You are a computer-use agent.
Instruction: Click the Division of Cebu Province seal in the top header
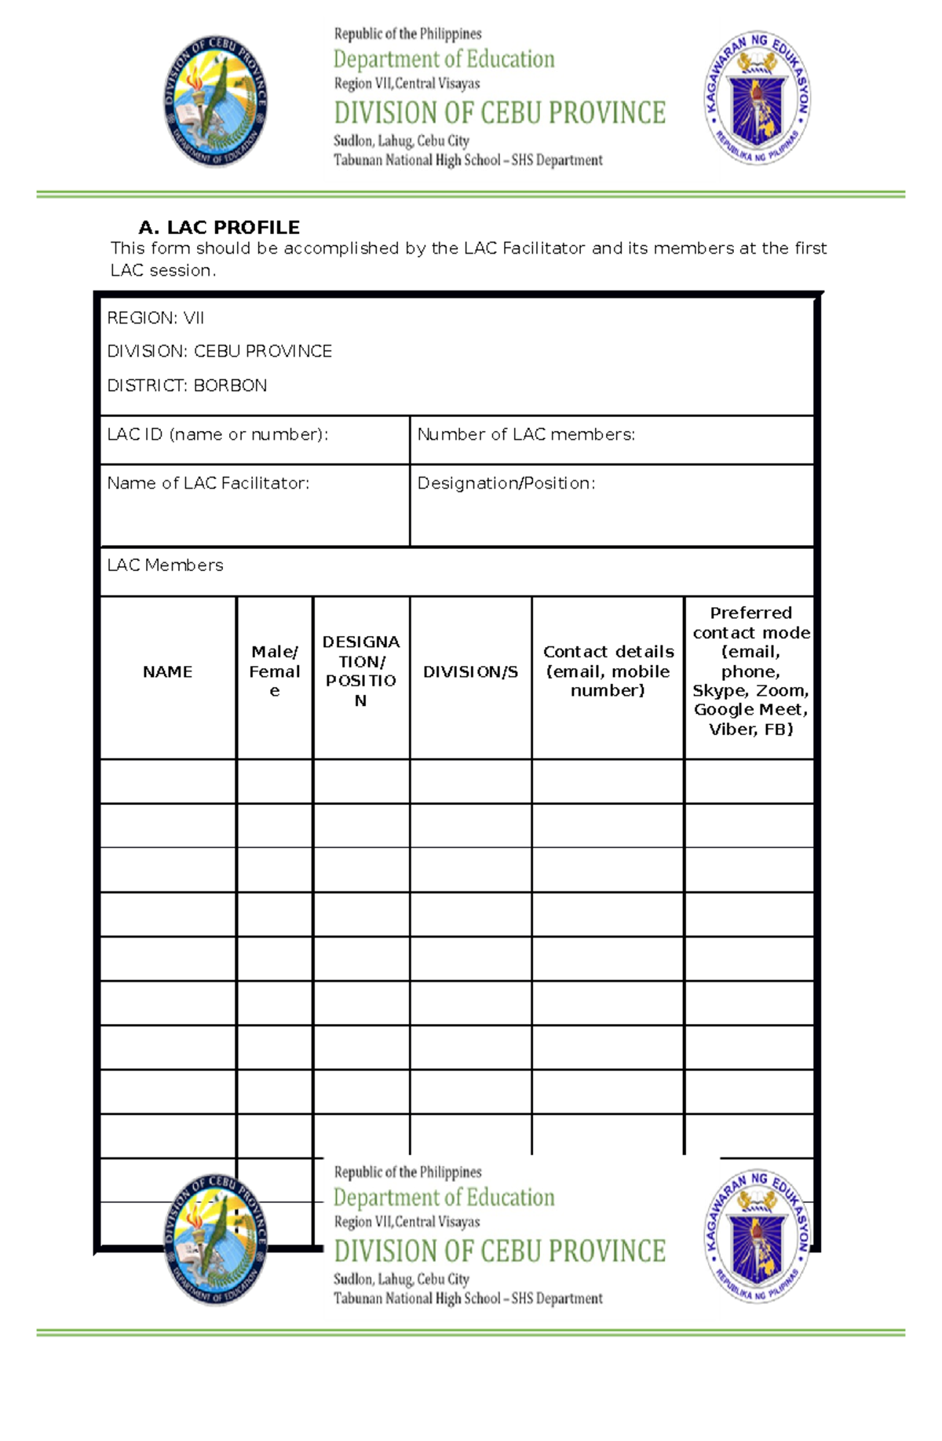[x=216, y=101]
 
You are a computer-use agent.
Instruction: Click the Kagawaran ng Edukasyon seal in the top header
[x=757, y=98]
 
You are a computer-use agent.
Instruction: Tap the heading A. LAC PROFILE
[x=219, y=228]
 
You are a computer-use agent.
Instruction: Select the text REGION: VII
[x=155, y=318]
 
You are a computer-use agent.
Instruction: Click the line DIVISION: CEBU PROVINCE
[x=220, y=351]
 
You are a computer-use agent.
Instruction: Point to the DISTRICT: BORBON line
[x=187, y=386]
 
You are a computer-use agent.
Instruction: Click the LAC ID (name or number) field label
[x=217, y=434]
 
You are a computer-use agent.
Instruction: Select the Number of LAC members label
[x=526, y=434]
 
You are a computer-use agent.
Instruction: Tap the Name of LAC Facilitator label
[x=208, y=483]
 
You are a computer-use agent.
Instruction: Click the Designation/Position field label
[x=506, y=483]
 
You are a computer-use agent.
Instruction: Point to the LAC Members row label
[x=165, y=565]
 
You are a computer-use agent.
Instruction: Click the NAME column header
[x=167, y=671]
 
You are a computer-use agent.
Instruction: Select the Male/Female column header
[x=274, y=671]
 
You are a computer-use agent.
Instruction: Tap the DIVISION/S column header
[x=470, y=671]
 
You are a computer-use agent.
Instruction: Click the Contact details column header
[x=608, y=671]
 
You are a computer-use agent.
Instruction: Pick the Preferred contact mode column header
[x=750, y=671]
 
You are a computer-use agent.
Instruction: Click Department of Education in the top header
[x=444, y=60]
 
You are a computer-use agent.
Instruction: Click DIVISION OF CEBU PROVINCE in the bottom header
[x=499, y=1251]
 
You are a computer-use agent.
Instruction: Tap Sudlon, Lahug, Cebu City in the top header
[x=401, y=141]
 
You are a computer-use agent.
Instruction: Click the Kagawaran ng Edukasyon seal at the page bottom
[x=757, y=1237]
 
